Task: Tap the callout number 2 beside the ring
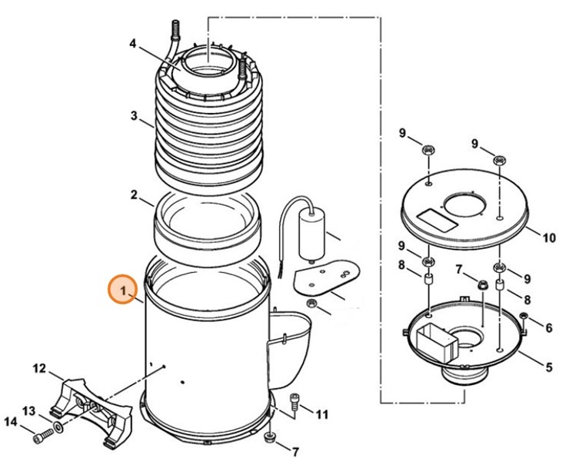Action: (x=134, y=195)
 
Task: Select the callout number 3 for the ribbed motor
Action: (x=134, y=117)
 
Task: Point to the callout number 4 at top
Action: (x=133, y=44)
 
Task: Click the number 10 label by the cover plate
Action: (x=548, y=238)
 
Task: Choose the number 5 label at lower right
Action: (x=548, y=367)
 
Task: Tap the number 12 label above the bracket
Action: (x=39, y=370)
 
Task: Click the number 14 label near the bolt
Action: (x=11, y=421)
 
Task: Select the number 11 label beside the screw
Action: (x=321, y=415)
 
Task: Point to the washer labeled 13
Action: (x=59, y=425)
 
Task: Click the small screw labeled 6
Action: (x=524, y=317)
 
